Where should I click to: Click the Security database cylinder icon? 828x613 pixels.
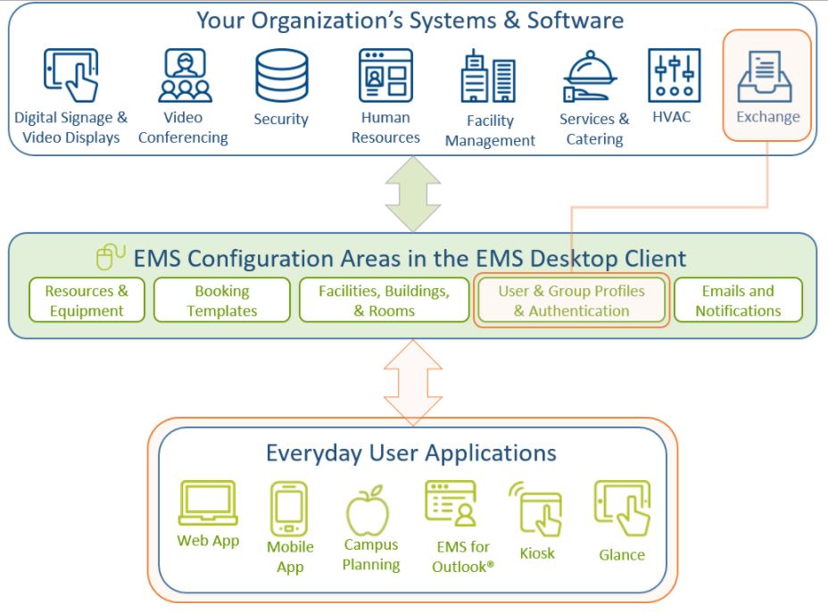(x=281, y=76)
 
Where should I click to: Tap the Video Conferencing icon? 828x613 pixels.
(x=185, y=75)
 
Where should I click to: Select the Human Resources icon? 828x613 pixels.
(x=385, y=75)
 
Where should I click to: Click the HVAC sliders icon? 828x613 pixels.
(x=675, y=75)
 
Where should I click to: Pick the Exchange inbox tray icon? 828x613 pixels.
(x=765, y=76)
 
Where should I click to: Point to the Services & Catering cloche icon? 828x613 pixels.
(x=589, y=76)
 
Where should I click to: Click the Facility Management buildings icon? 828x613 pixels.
(x=488, y=76)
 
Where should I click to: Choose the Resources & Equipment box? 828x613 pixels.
(x=87, y=300)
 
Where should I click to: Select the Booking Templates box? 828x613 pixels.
(x=222, y=300)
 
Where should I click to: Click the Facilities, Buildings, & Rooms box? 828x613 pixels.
(x=384, y=300)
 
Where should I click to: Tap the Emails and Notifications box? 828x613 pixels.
(x=738, y=300)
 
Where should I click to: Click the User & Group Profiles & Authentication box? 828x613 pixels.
(x=571, y=300)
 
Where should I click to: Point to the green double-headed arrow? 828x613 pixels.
(x=413, y=194)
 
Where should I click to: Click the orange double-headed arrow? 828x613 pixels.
(x=413, y=382)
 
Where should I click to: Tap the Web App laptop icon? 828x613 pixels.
(x=208, y=502)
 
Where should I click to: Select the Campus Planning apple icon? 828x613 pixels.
(x=368, y=510)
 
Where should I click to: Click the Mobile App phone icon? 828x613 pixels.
(x=289, y=509)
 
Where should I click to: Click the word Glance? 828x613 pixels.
(x=622, y=554)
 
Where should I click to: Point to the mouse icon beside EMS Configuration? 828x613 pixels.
(x=111, y=257)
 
